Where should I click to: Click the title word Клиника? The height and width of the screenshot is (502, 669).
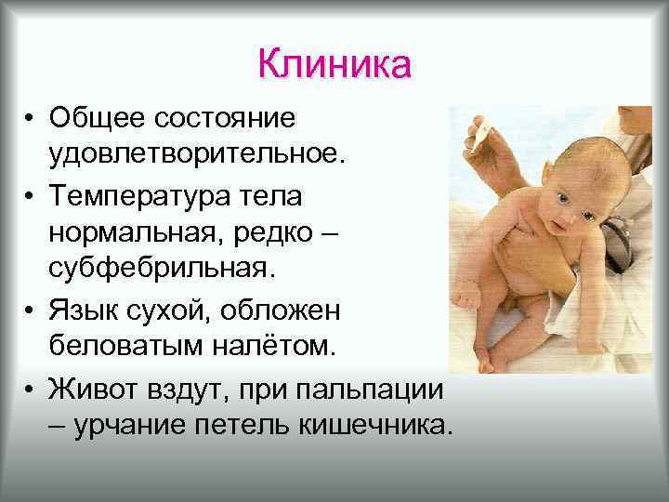[x=334, y=66]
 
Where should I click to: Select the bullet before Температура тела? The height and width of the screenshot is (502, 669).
[x=31, y=198]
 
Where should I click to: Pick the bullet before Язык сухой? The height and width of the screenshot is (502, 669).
[x=31, y=307]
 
